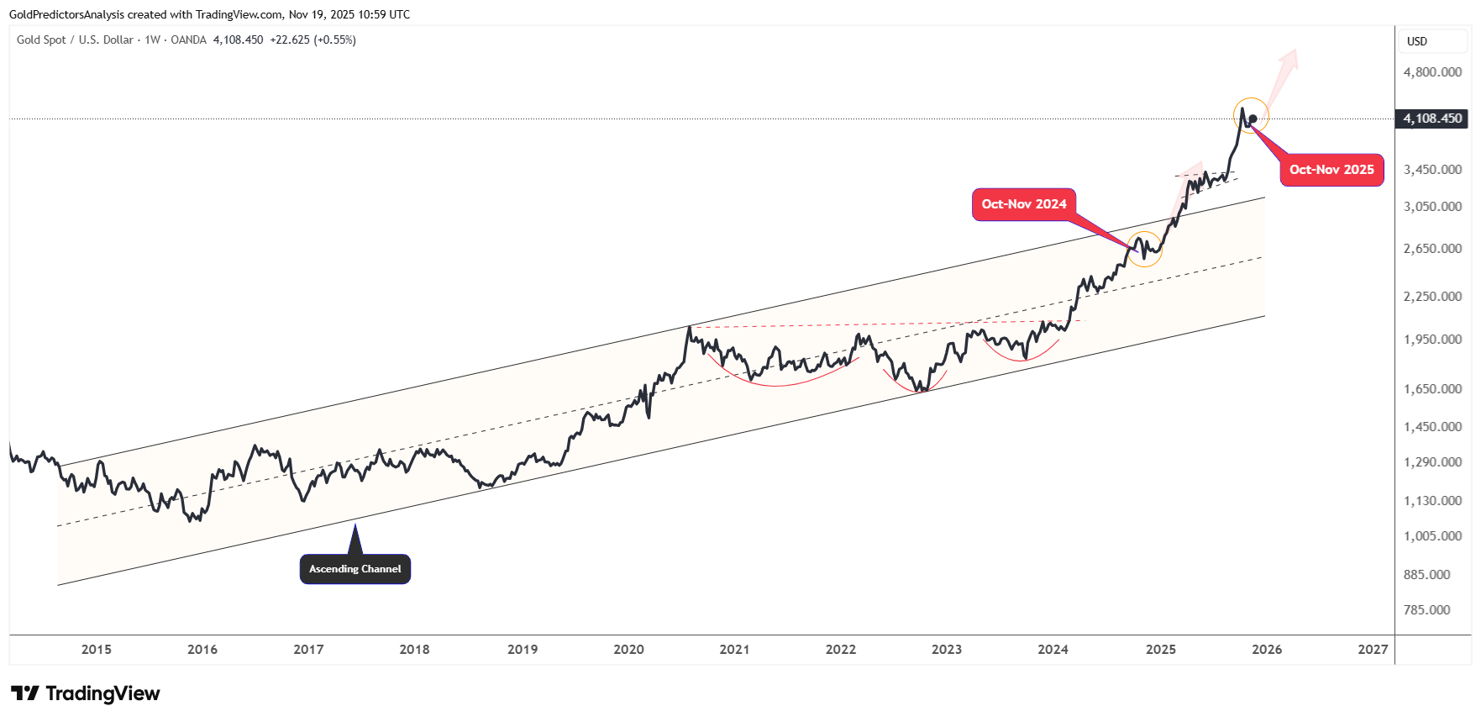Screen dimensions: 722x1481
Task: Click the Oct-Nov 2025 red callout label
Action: [x=1331, y=170]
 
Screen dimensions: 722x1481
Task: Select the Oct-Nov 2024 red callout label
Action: [x=1023, y=204]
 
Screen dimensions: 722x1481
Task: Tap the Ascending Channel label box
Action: [x=354, y=569]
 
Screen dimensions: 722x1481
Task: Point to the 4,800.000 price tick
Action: [x=1432, y=72]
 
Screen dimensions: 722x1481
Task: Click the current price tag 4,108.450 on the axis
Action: [x=1431, y=119]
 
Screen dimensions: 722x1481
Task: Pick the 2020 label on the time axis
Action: [x=628, y=649]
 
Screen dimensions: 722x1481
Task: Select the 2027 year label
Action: [x=1373, y=649]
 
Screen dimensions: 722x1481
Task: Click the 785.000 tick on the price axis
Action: [x=1432, y=610]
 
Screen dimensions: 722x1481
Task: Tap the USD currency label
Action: [x=1416, y=41]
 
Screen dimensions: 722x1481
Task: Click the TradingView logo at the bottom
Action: [x=85, y=693]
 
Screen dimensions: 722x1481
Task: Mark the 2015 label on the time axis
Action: [x=97, y=649]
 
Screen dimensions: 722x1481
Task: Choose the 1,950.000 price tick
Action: [x=1432, y=340]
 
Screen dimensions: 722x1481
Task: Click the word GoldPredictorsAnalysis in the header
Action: [x=66, y=14]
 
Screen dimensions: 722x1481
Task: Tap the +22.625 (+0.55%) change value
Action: [x=312, y=40]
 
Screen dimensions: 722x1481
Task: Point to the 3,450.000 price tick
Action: [x=1432, y=170]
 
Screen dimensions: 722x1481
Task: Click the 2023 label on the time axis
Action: [x=947, y=649]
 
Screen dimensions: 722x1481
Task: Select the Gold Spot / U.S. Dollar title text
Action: [x=75, y=40]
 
